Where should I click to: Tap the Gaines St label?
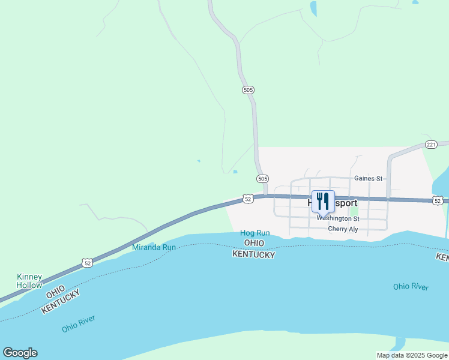(368, 178)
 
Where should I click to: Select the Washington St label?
(338, 219)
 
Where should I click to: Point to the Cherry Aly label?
(343, 229)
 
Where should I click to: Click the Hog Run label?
(255, 233)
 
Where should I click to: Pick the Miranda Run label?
(154, 247)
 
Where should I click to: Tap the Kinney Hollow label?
(29, 281)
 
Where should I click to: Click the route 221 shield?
(431, 145)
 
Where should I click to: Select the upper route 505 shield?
(249, 90)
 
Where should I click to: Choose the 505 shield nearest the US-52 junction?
(262, 179)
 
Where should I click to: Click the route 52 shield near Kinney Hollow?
(88, 263)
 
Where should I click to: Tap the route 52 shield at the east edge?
(438, 200)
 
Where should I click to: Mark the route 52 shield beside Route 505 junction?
(247, 198)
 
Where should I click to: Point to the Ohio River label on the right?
(411, 287)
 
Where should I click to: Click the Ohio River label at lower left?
(78, 324)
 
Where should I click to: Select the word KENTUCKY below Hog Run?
(254, 255)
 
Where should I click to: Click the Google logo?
(20, 353)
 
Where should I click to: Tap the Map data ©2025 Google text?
(412, 355)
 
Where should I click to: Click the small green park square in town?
(354, 211)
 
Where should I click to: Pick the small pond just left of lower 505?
(235, 172)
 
